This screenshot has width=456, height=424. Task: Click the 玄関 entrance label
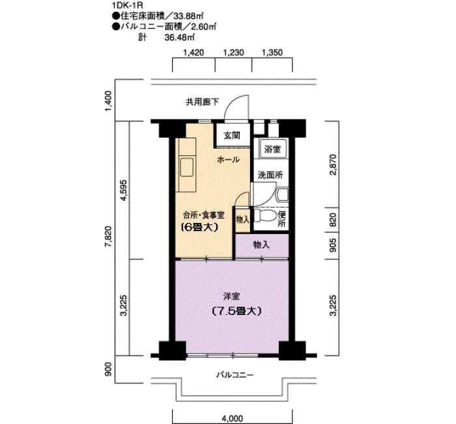point(232,136)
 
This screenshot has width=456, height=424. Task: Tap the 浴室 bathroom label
point(272,149)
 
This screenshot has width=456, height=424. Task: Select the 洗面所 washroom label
point(270,175)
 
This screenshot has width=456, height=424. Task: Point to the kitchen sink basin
point(187,167)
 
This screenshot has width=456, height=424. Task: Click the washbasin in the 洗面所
point(282,194)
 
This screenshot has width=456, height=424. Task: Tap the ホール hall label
point(228,160)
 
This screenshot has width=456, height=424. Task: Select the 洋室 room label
point(231,296)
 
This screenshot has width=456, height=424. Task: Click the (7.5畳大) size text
point(236,311)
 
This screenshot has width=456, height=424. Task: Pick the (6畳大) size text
point(199,227)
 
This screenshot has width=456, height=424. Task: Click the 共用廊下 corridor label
point(202,102)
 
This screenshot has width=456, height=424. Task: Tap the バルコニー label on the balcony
point(235,375)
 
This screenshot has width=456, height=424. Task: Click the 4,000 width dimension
point(233,419)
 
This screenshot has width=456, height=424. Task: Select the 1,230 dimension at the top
point(233,53)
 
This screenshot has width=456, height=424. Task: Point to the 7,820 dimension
point(108,236)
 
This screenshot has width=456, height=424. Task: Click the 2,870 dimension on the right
point(333,165)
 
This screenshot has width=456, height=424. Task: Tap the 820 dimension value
point(333,220)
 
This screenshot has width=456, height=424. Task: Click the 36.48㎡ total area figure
point(179,37)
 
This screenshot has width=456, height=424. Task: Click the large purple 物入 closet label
point(261,245)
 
